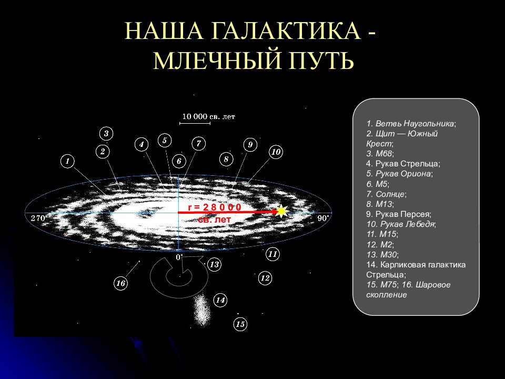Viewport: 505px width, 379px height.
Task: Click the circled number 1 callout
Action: click(67, 161)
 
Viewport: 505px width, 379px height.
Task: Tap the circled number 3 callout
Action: click(106, 133)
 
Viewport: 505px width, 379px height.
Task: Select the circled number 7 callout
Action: click(198, 143)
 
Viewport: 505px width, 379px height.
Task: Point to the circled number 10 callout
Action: click(276, 152)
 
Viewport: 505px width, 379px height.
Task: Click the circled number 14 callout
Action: click(220, 301)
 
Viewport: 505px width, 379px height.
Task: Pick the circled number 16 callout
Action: click(120, 283)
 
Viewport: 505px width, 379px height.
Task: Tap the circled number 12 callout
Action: click(265, 278)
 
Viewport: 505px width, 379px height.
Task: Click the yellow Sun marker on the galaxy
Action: click(281, 212)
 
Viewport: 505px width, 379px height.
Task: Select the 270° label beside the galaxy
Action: click(38, 218)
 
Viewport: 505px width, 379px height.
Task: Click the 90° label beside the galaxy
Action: click(324, 218)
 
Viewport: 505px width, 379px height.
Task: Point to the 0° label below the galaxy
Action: click(179, 257)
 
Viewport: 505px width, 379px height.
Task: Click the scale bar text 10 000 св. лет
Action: click(209, 116)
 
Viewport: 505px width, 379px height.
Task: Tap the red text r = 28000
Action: click(214, 207)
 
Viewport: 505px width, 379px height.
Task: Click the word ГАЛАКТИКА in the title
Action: click(285, 31)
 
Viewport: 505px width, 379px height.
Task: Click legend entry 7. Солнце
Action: click(387, 194)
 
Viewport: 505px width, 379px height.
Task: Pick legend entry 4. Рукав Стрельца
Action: click(403, 164)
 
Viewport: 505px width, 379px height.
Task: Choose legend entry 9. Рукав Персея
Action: click(399, 214)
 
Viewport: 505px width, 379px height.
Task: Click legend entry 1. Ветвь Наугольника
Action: click(411, 123)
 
